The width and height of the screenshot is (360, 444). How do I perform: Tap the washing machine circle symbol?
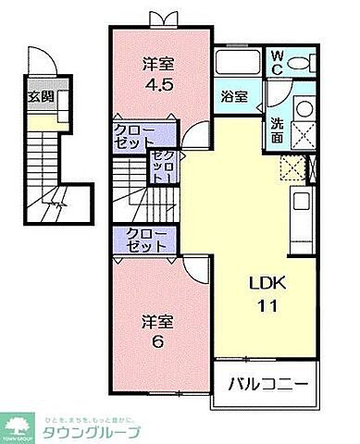tap(304, 109)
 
